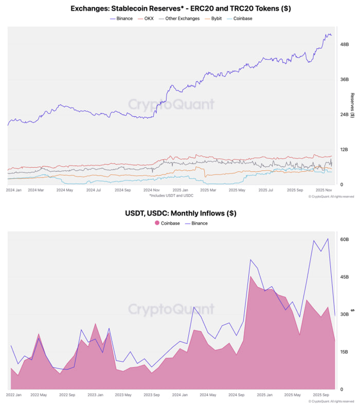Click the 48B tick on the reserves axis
click(345, 44)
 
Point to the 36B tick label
click(345, 79)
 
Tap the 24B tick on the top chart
click(345, 114)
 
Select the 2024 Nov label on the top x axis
click(153, 190)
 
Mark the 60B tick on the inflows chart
click(344, 239)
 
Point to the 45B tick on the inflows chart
click(344, 277)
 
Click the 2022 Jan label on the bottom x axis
click(14, 395)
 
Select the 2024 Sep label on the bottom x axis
click(237, 395)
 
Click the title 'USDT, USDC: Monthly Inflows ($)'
click(181, 213)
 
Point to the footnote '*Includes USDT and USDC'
click(172, 196)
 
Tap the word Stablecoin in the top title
click(144, 8)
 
